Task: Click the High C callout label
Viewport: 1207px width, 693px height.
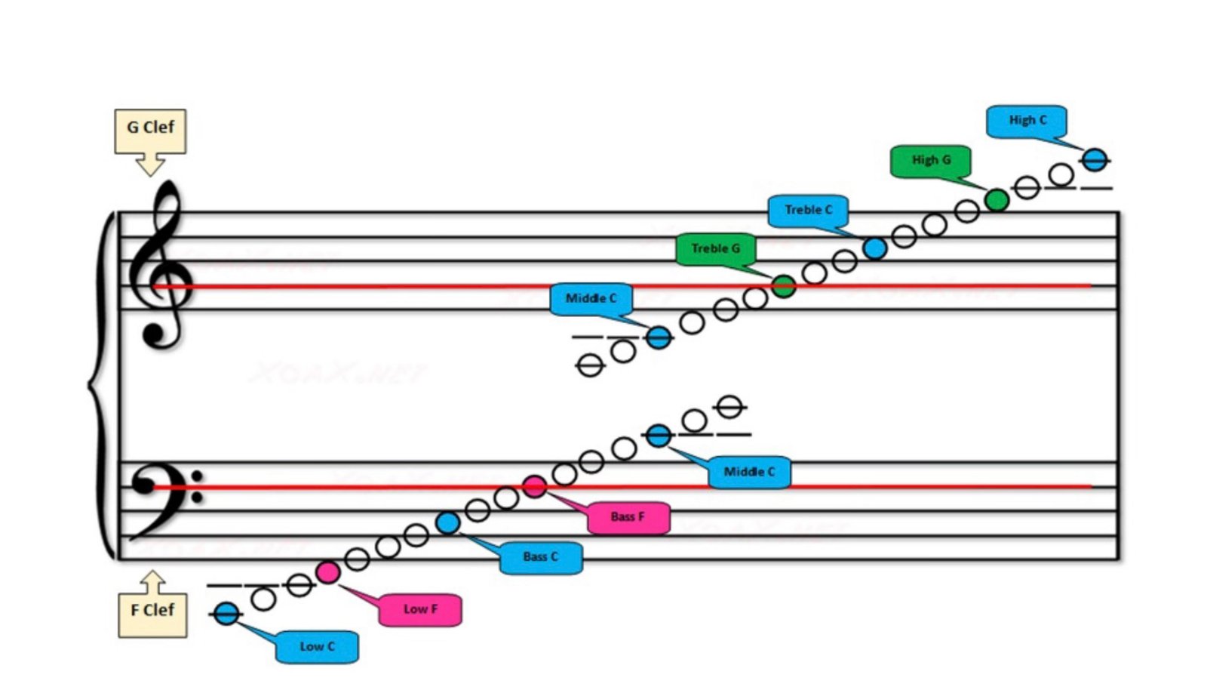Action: (1027, 121)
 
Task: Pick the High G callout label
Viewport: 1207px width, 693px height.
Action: (930, 161)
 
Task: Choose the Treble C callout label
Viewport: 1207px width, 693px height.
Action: (808, 211)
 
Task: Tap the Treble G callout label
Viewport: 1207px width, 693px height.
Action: (715, 249)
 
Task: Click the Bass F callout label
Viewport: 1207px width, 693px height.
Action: (628, 518)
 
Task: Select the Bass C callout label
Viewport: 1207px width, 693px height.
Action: (540, 558)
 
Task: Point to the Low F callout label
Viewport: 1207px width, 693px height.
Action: (420, 610)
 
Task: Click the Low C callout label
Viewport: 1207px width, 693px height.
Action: (317, 647)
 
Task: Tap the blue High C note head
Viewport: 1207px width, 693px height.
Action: (1095, 160)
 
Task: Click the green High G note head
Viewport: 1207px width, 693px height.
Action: (997, 200)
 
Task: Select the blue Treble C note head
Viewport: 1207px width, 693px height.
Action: (874, 248)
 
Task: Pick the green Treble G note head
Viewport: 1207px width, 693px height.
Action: (784, 286)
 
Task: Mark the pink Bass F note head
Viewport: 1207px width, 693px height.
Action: (534, 487)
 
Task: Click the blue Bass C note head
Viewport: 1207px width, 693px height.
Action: (447, 522)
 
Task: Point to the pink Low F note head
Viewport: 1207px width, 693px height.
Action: (327, 572)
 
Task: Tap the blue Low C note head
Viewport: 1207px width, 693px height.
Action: (226, 614)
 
